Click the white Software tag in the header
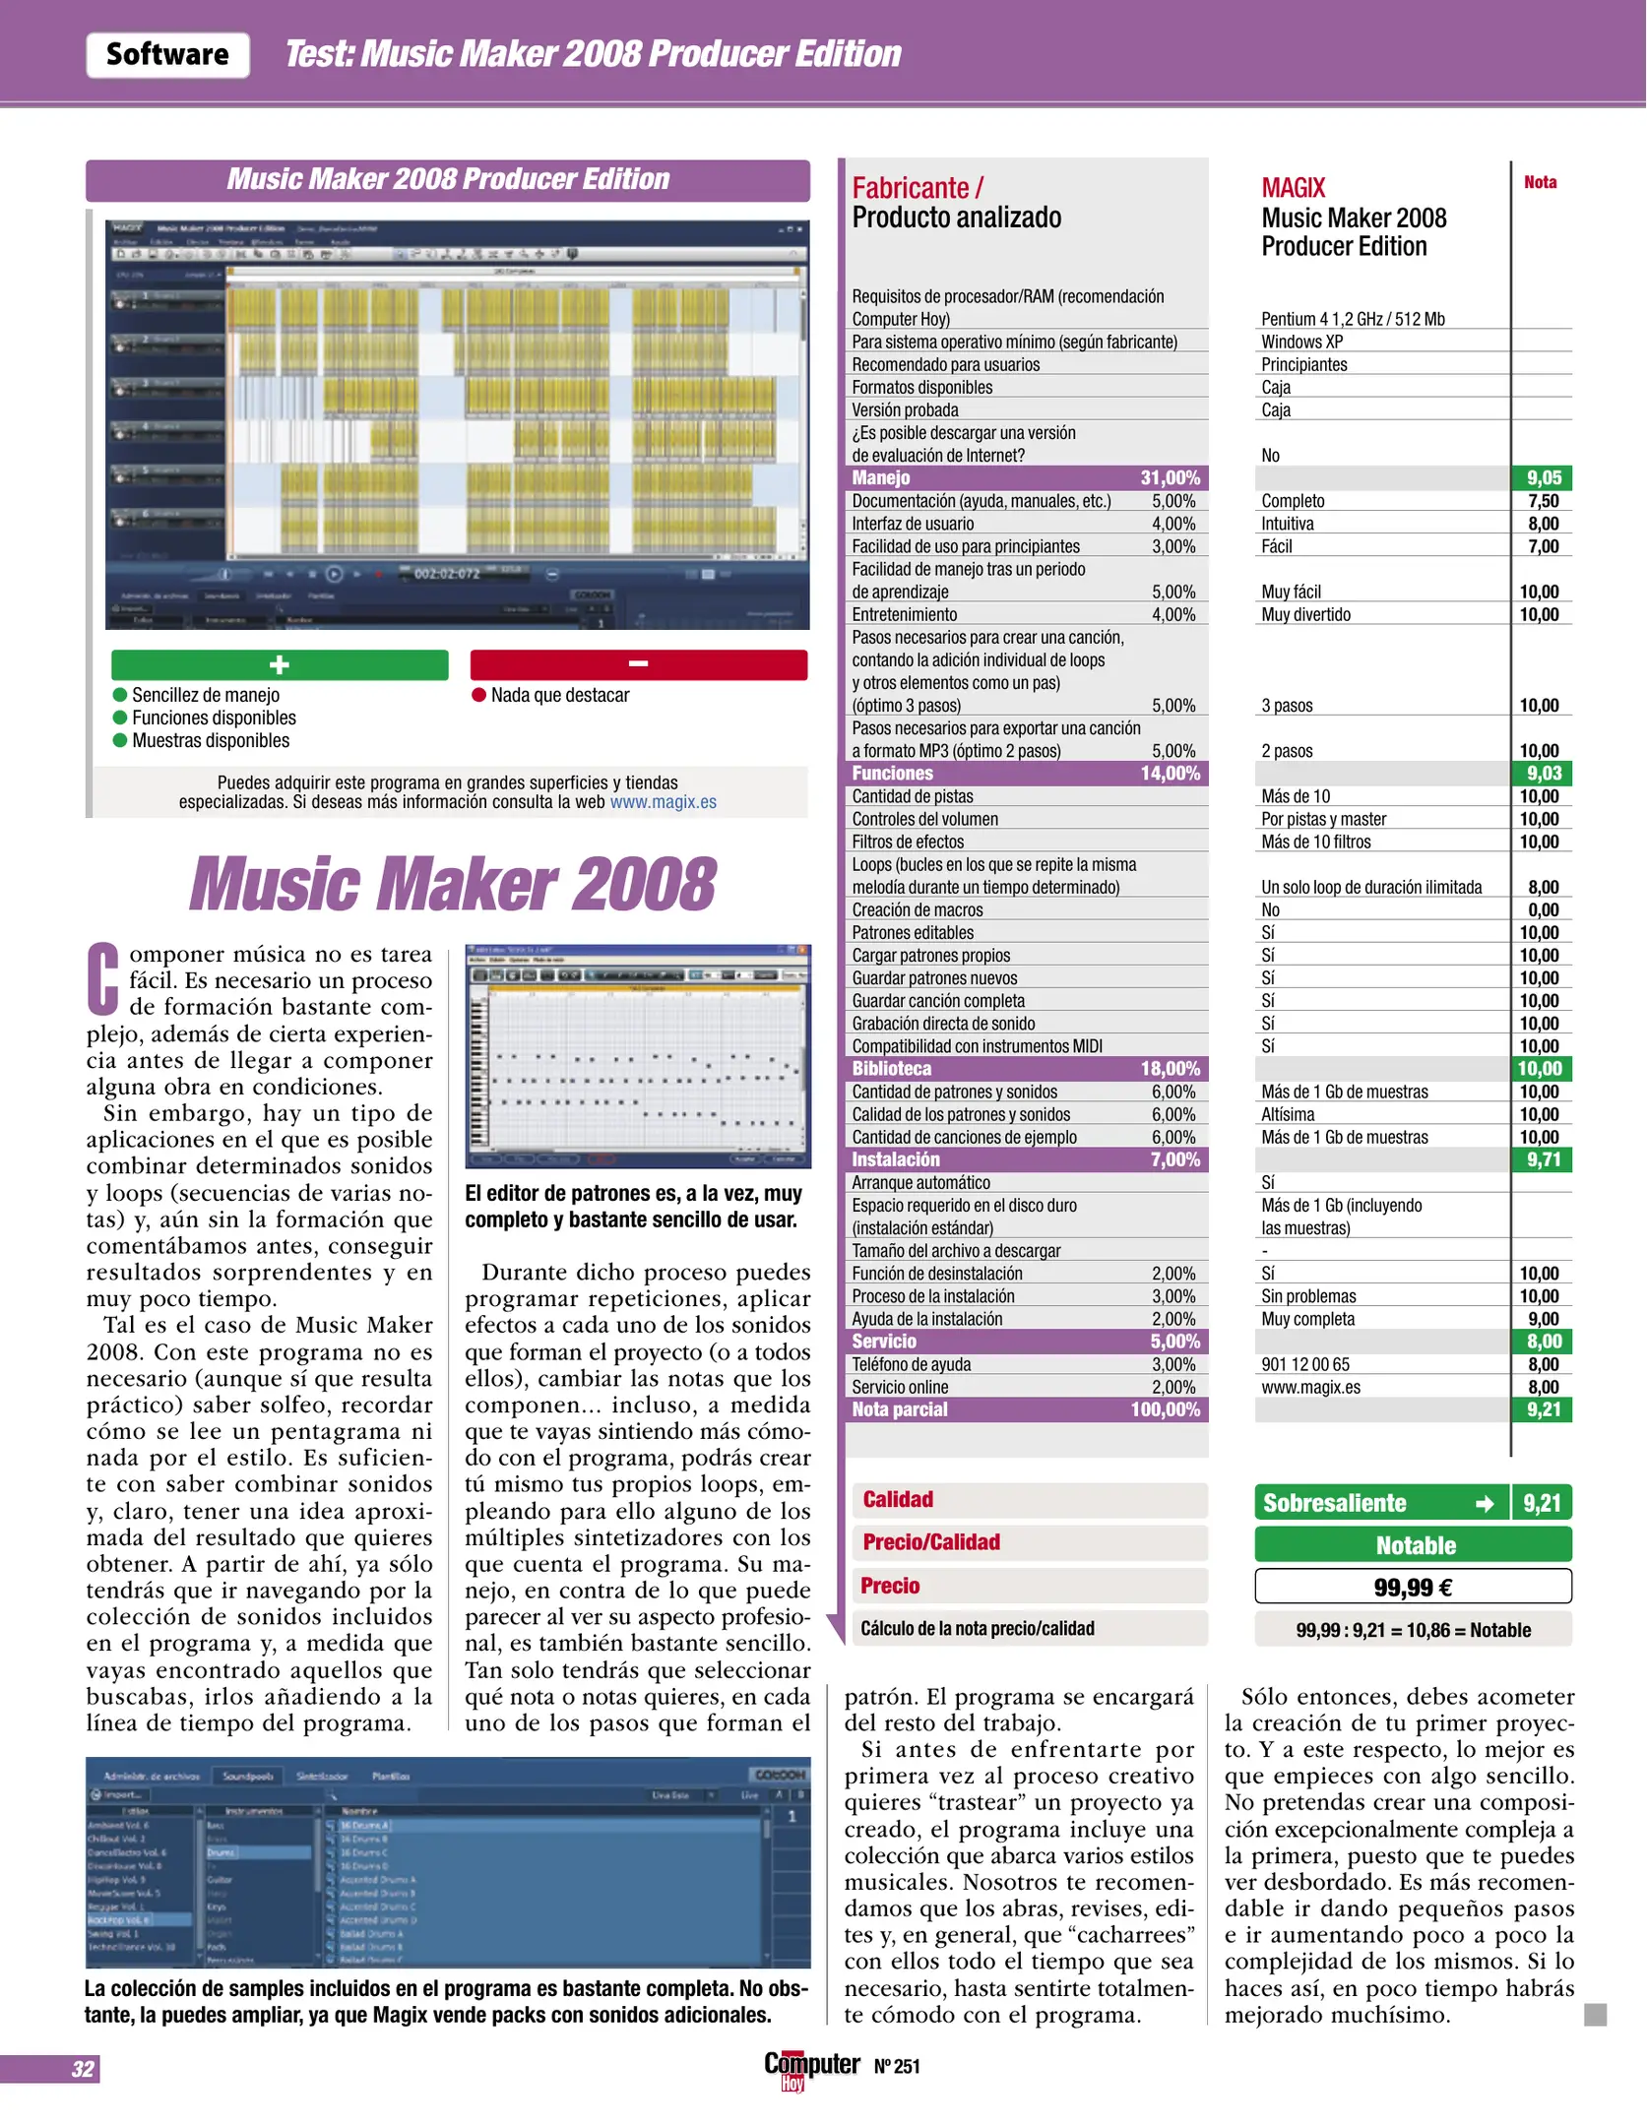167,55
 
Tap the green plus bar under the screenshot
280,665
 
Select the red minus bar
638,665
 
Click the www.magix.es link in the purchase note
663,802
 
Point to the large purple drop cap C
103,978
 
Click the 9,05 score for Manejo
1543,478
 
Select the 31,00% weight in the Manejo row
1170,478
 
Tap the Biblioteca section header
892,1069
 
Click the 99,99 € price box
1413,1587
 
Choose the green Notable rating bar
1413,1545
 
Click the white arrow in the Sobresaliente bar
1485,1504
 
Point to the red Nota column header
1540,182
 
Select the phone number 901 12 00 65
1305,1365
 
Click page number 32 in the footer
83,2068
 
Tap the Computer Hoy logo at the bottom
811,2068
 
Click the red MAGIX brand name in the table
1294,188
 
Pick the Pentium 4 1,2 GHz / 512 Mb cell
1353,319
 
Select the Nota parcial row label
900,1409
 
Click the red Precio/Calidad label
931,1542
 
